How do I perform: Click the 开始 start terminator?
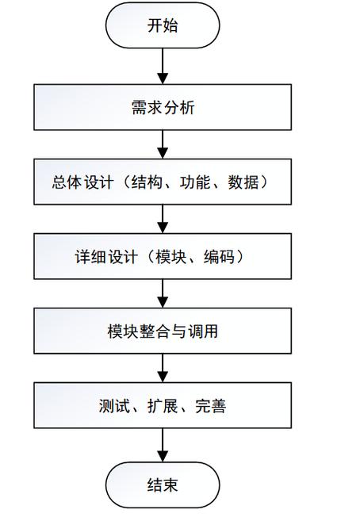[163, 26]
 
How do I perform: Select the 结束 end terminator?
[163, 484]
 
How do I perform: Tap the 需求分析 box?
[163, 108]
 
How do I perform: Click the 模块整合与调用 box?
[163, 331]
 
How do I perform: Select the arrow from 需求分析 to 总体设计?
[163, 144]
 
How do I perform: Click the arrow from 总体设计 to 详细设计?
[163, 218]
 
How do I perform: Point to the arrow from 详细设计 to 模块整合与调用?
[163, 293]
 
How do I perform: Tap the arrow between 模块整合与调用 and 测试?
[163, 367]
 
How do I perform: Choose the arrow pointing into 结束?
[163, 444]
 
